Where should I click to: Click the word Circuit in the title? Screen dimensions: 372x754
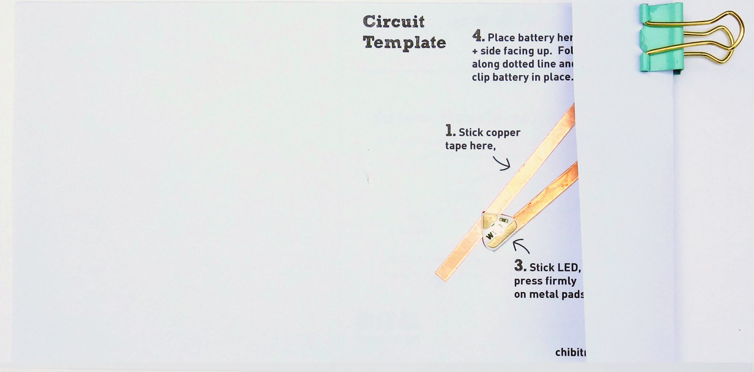coord(394,22)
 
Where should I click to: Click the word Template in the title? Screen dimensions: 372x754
coord(404,43)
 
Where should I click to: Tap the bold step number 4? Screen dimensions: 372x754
coord(478,36)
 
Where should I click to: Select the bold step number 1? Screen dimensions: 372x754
coord(450,131)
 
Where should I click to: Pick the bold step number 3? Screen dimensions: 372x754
coord(519,266)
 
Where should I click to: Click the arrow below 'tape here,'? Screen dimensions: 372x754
coord(503,163)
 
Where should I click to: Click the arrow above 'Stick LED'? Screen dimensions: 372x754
coord(521,246)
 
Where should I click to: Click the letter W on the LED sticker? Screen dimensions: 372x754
coord(490,236)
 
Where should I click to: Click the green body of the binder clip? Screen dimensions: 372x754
coord(661,37)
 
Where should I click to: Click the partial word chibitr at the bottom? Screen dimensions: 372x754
coord(570,352)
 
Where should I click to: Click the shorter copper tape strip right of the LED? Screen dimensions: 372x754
coord(549,195)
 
